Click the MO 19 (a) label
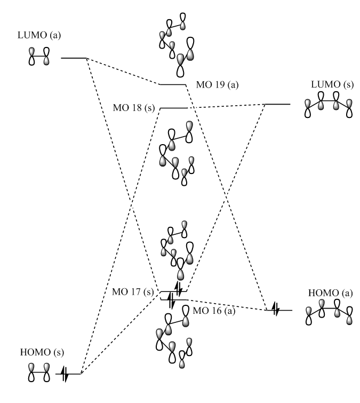tap(209, 86)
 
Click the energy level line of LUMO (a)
tap(74, 58)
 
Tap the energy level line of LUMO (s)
tap(278, 104)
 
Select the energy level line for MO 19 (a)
tap(172, 84)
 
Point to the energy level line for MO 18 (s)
tap(174, 108)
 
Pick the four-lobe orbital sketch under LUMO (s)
tap(329, 107)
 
